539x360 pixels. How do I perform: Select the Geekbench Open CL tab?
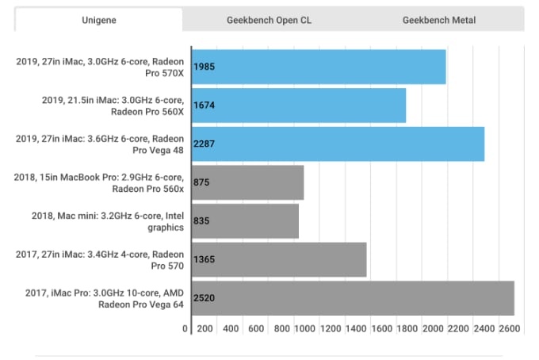pos(270,20)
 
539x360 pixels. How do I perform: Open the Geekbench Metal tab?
pos(439,20)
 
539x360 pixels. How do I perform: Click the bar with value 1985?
pos(318,66)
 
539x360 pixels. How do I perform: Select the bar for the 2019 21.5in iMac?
pos(298,105)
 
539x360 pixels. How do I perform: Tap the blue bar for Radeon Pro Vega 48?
pos(338,144)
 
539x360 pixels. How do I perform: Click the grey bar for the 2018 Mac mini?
pos(244,221)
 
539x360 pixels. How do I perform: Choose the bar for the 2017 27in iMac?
pos(278,259)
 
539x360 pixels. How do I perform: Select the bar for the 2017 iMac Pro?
pos(353,298)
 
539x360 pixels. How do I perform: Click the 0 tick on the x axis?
pos(185,328)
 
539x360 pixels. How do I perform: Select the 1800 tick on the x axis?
pos(408,328)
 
